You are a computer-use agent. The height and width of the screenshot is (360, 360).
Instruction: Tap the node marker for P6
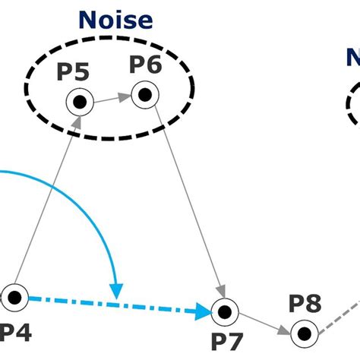pos(144,94)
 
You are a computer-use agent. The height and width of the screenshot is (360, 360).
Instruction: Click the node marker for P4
pos(14,296)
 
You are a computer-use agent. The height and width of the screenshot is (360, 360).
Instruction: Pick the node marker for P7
pos(224,311)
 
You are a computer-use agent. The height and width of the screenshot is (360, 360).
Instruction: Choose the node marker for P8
pos(303,331)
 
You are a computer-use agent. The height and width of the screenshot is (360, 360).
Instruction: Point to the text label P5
pos(73,73)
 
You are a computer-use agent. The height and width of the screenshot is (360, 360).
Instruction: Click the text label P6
pos(144,65)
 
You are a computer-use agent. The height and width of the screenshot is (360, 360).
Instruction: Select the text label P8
pos(305,303)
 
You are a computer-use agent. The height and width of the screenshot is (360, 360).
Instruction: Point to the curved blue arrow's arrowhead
pos(116,290)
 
